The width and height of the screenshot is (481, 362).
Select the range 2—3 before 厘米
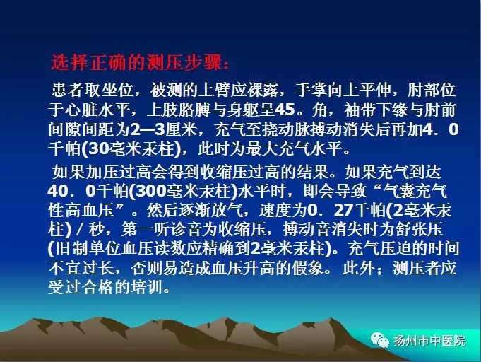point(148,129)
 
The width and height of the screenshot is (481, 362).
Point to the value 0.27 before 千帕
point(330,210)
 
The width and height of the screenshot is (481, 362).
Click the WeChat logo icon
point(379,339)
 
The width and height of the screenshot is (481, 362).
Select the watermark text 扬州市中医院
point(429,341)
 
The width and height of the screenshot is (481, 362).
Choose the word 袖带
point(360,110)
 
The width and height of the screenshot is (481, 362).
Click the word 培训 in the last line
point(146,287)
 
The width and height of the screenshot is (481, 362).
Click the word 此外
point(358,268)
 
